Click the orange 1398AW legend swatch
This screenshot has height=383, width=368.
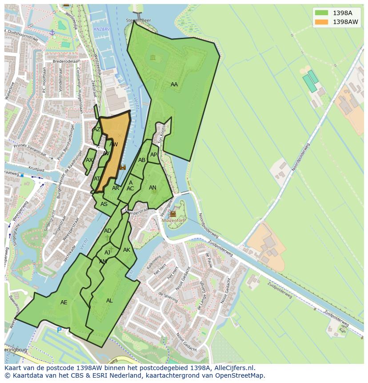point(321,22)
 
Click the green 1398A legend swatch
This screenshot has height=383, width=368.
point(321,13)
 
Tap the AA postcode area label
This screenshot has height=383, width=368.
point(174,85)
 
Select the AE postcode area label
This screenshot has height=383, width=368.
point(64,302)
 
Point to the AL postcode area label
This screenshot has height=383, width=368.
point(109,301)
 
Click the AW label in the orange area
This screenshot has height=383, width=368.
point(113,145)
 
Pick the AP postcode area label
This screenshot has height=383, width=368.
point(153,155)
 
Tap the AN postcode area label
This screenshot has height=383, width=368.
point(152,188)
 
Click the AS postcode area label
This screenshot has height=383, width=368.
point(104,204)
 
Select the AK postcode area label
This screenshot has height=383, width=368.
point(127,250)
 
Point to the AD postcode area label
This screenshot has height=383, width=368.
point(108,231)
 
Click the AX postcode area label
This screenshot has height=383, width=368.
point(89,160)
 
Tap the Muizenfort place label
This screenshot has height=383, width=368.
point(173,220)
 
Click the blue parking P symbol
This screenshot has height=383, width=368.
point(59,330)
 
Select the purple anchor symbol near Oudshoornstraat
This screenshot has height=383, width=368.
point(52,32)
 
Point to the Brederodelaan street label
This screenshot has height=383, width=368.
point(65,61)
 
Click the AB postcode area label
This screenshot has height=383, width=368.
point(141,160)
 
